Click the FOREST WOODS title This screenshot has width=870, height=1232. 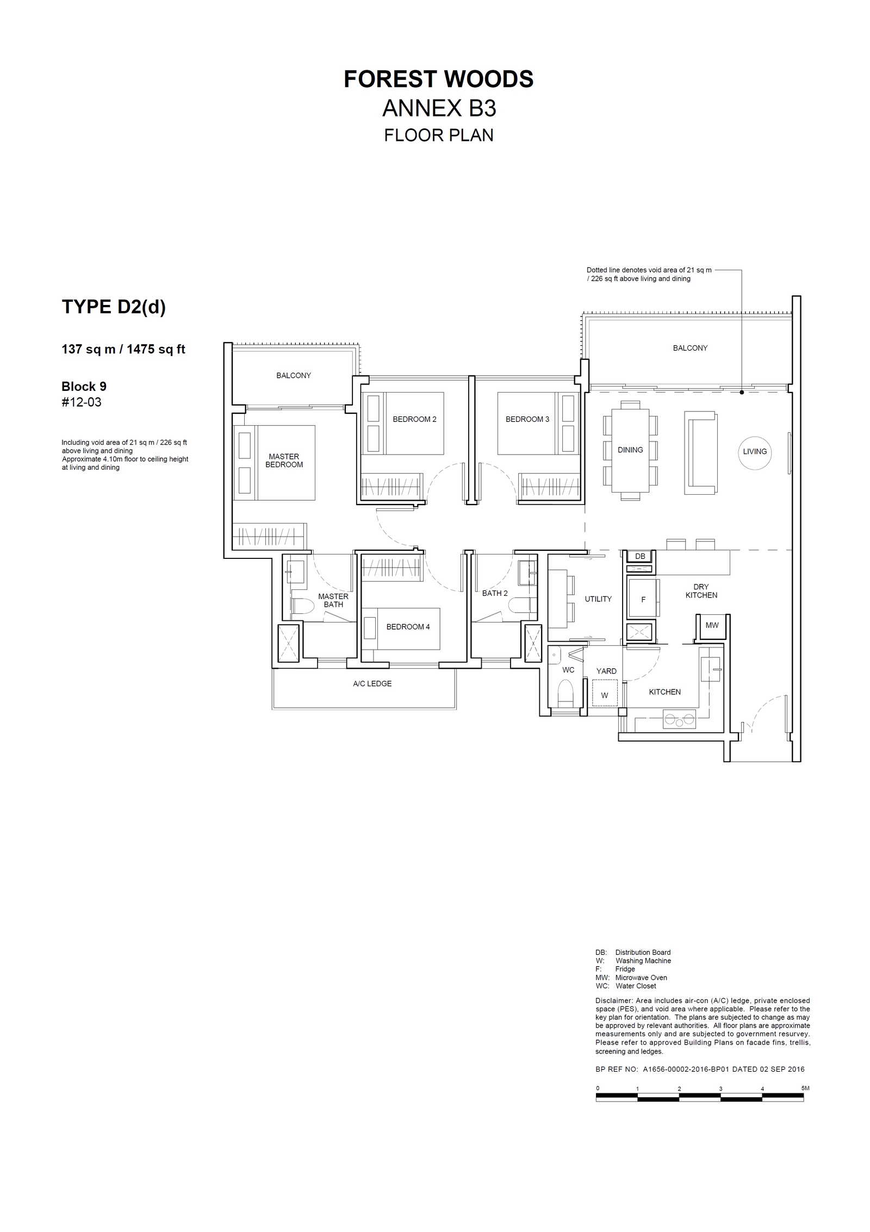[438, 79]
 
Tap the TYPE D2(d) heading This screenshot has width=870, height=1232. [114, 307]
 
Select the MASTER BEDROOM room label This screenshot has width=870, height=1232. [284, 461]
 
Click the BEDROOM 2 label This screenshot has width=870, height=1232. [414, 419]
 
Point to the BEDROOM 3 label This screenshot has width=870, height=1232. [527, 419]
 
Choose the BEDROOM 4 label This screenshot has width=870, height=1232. [408, 627]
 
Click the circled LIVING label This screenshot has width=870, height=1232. [755, 451]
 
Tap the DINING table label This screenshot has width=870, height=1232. [630, 450]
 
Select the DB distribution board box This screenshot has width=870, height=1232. [641, 556]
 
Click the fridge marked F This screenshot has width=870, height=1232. [643, 599]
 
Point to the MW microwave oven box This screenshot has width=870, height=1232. [712, 625]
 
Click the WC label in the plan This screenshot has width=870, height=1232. [568, 670]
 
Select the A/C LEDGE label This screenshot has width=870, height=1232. [372, 684]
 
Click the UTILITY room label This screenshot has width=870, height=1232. [598, 599]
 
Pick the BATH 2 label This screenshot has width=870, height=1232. [495, 593]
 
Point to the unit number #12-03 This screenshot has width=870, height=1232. [82, 402]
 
